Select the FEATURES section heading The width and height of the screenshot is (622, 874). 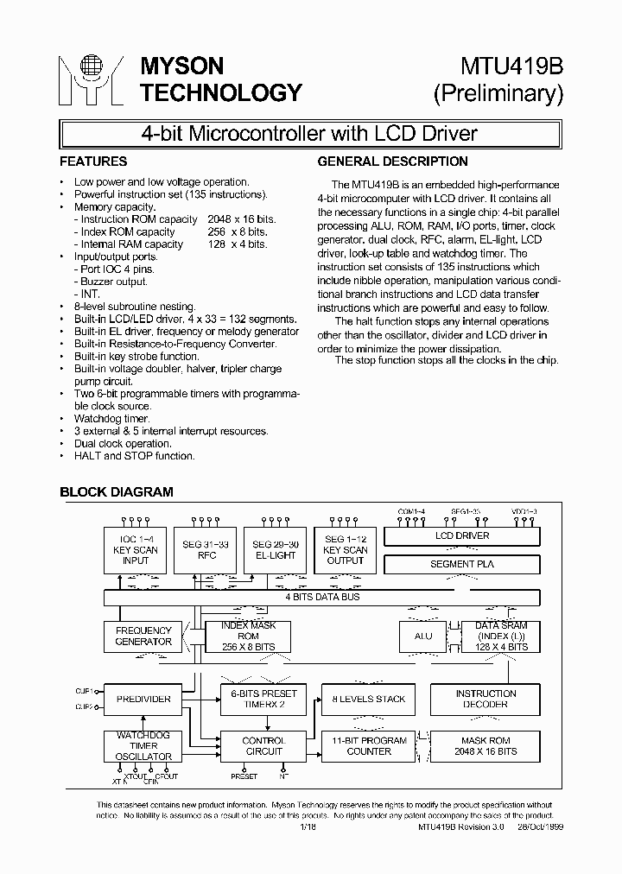pos(93,161)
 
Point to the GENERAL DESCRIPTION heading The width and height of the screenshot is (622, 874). pos(392,161)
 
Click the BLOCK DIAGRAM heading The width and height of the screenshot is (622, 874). pos(116,492)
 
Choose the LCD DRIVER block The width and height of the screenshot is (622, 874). pos(461,536)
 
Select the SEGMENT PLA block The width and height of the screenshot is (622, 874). pos(461,565)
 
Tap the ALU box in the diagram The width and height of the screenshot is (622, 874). pos(422,636)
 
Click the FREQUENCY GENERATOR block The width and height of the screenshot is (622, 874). pos(143,636)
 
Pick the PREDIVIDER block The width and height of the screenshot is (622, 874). pos(143,699)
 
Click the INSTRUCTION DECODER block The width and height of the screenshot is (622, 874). pos(486,699)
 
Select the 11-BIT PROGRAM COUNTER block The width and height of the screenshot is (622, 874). pos(369,746)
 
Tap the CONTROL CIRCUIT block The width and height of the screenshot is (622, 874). pos(263,746)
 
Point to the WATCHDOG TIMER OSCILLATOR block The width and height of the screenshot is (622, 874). pos(143,746)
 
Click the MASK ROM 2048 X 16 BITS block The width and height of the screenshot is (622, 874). pos(486,746)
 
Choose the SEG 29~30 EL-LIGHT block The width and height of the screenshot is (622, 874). pos(274,550)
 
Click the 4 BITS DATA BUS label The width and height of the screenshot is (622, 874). pos(322,598)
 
